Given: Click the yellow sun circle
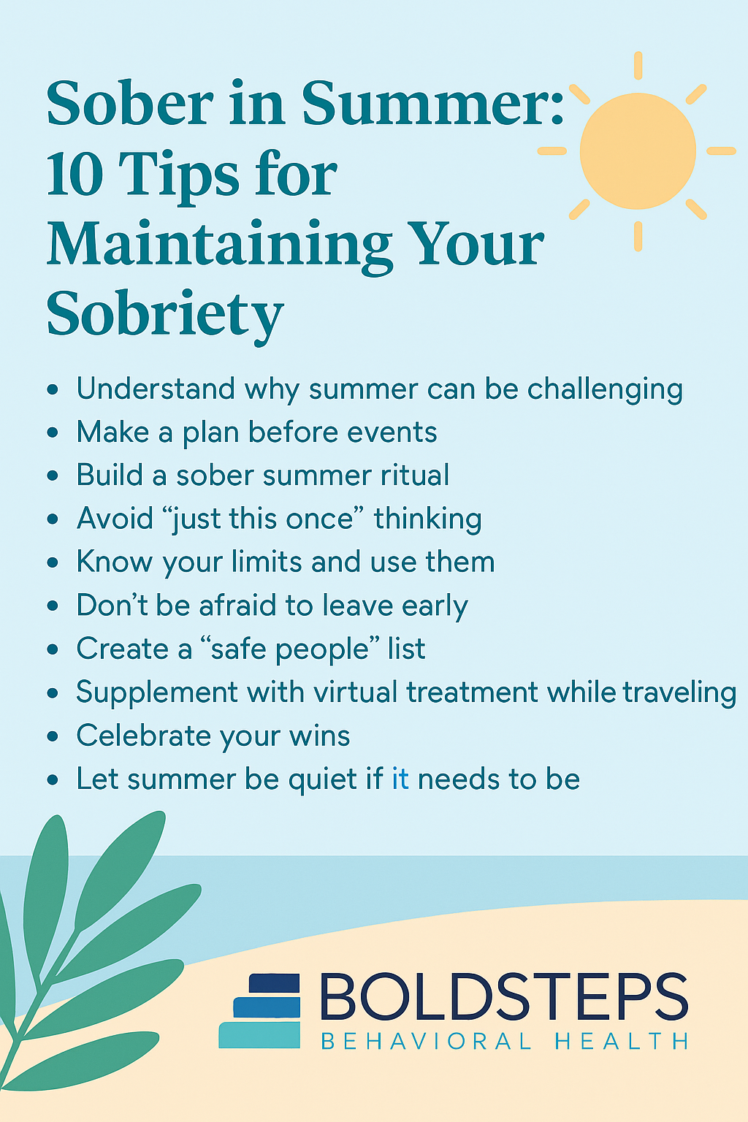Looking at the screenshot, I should [638, 151].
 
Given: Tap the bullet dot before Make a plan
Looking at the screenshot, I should [53, 432].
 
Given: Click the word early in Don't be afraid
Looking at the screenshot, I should [434, 606].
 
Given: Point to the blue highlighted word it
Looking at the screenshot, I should [400, 779].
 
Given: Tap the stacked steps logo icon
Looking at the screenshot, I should [260, 1011].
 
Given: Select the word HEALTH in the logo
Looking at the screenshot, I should [622, 1041].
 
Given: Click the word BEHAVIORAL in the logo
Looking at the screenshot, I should [427, 1041].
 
